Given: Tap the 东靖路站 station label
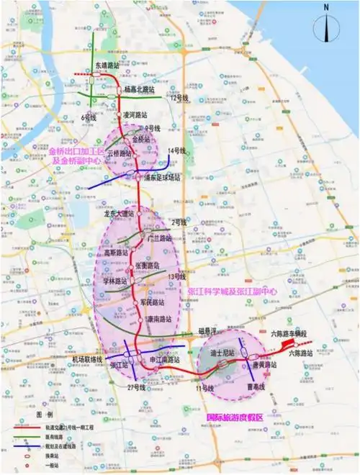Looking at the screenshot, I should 108,65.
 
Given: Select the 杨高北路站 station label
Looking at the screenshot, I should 140,90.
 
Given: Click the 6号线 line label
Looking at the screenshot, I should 89,116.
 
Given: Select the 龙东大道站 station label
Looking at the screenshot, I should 120,214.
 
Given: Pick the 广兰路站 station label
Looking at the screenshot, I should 158,237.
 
